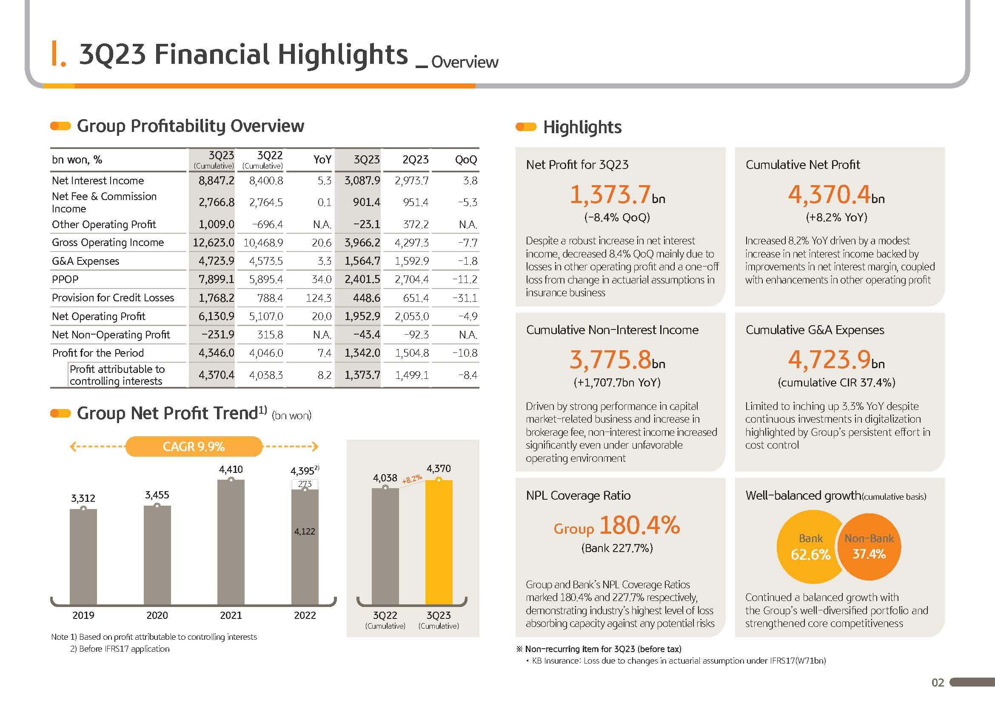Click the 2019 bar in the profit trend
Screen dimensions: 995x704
click(83, 557)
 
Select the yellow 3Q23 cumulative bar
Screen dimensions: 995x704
click(439, 542)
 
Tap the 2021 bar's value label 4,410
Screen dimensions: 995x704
click(231, 469)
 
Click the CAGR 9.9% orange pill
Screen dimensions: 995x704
click(194, 446)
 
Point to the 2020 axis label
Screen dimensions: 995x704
click(157, 615)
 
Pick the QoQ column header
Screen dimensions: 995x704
click(466, 160)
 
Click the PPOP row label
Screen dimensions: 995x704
click(65, 279)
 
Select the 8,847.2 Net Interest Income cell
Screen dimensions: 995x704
click(216, 180)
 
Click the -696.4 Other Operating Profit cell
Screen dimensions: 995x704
click(268, 224)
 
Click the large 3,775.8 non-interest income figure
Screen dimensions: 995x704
click(610, 359)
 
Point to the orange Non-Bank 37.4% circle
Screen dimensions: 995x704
click(870, 547)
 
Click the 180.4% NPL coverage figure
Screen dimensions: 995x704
click(640, 525)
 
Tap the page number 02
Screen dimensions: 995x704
click(938, 683)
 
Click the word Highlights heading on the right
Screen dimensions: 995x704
click(582, 127)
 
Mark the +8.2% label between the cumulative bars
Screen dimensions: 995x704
click(412, 479)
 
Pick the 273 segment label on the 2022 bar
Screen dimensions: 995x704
click(305, 484)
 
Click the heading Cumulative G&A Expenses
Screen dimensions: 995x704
click(815, 330)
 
